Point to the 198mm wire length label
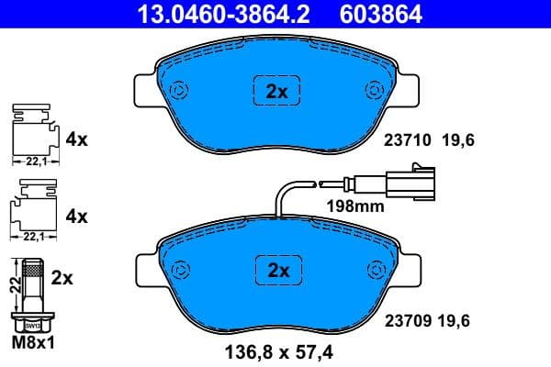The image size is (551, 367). point(355,206)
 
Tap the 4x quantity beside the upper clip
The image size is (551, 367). point(77,140)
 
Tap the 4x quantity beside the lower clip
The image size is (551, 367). point(77,217)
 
